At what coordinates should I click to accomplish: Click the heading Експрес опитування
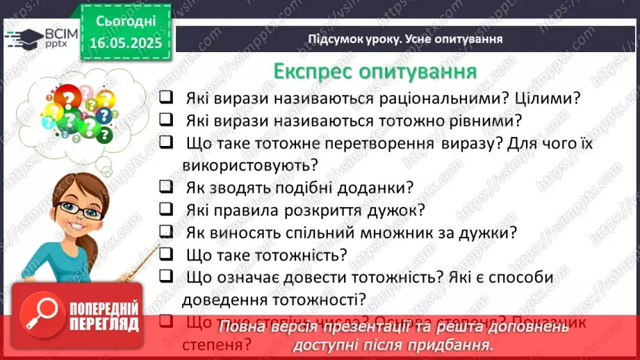[375, 72]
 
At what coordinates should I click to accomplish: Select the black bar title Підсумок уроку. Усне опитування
[405, 38]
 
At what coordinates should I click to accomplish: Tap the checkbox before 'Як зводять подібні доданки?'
[165, 187]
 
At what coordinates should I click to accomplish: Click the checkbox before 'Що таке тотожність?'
[165, 254]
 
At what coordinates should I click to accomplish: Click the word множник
[409, 233]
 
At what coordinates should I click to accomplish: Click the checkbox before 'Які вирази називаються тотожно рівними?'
[165, 120]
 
